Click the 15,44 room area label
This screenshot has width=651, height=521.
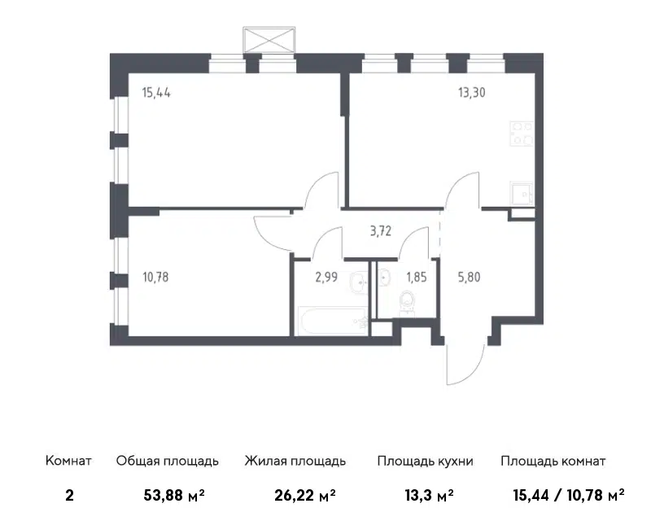[x=156, y=92]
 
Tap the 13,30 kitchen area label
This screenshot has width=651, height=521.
[x=473, y=92]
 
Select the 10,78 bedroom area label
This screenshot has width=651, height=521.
[x=156, y=276]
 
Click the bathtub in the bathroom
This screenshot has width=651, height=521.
[x=330, y=321]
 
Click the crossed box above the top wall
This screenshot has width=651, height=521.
[x=268, y=41]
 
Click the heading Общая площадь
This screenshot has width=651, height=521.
[x=167, y=461]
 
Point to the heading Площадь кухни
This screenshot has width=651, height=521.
[x=425, y=461]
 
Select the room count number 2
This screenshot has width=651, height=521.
[x=68, y=493]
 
